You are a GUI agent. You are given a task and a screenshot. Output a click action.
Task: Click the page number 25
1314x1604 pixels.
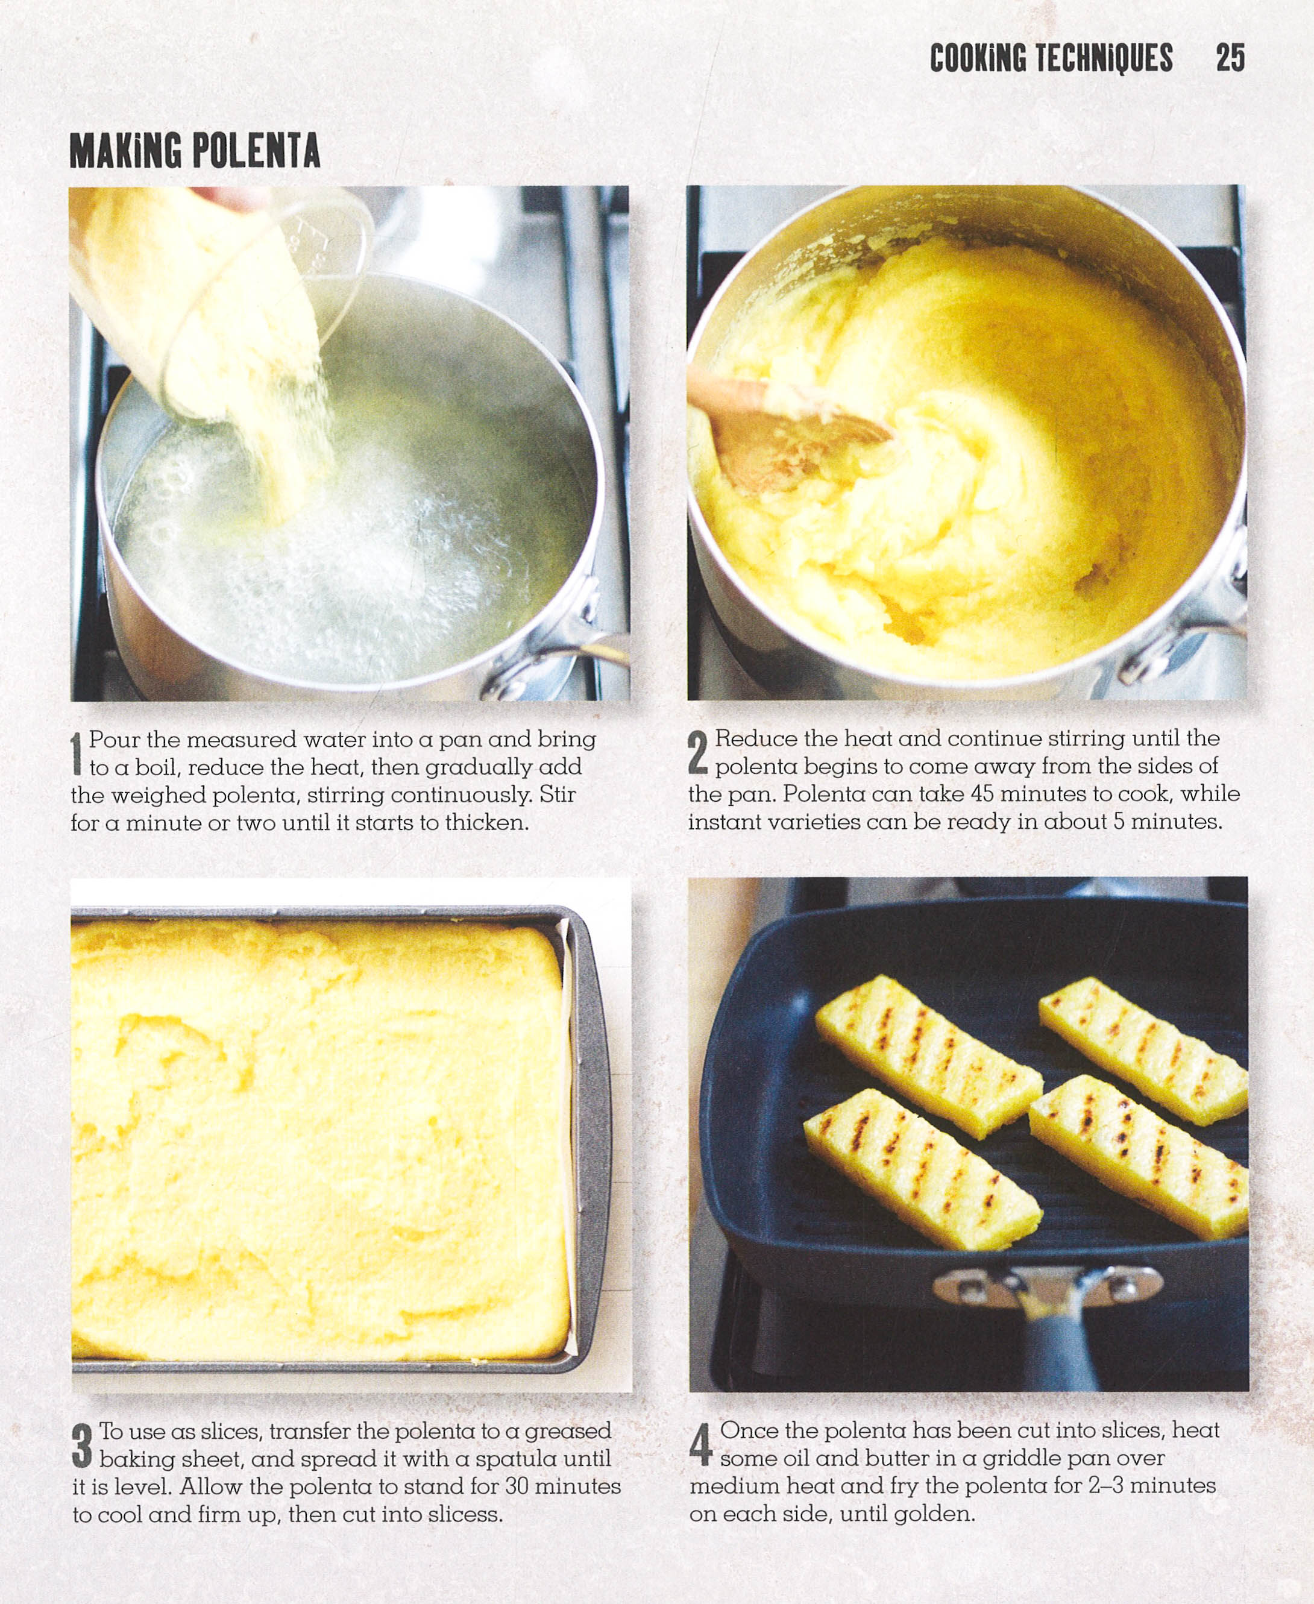point(1230,58)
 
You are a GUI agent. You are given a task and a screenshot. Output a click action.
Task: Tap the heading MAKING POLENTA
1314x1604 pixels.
point(195,151)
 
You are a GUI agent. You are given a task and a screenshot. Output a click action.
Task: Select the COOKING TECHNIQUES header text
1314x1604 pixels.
point(1051,58)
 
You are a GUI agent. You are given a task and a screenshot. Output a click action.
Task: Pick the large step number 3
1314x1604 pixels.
point(82,1444)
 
